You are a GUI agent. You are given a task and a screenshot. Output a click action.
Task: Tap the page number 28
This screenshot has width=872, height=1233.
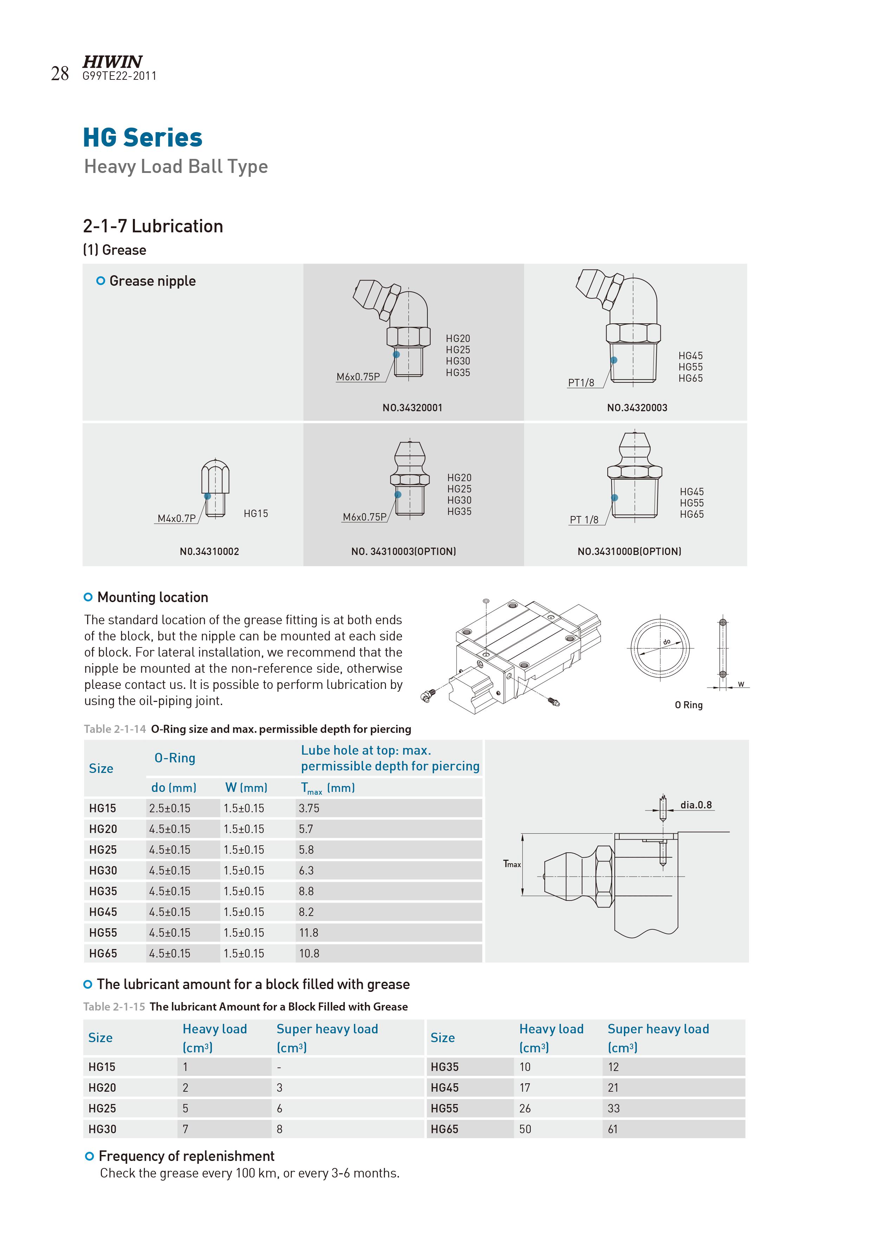coord(60,73)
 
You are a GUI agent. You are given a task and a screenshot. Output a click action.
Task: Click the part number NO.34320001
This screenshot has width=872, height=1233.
coord(412,408)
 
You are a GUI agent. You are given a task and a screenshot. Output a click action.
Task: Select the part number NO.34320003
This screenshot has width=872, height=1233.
coord(637,408)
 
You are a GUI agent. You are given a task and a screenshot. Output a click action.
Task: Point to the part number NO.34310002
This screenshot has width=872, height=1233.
coord(209,551)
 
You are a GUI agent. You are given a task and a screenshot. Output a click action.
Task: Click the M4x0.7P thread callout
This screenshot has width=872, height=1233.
coord(176,518)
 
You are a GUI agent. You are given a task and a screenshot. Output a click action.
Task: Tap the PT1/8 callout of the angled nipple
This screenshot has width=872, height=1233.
coord(581,383)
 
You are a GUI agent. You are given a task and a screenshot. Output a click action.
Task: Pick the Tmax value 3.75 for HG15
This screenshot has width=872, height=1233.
coord(309,808)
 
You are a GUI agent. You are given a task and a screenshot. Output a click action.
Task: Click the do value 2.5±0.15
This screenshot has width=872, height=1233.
coord(170,808)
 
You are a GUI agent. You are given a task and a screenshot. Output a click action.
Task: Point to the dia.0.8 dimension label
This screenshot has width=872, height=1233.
coord(696,805)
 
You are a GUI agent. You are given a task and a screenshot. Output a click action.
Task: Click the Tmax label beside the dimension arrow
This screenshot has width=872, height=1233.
coord(512,864)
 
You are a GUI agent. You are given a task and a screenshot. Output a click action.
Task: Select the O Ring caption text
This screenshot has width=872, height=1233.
coord(689,705)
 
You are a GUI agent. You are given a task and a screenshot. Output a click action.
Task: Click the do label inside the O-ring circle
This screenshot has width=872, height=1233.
coord(667,642)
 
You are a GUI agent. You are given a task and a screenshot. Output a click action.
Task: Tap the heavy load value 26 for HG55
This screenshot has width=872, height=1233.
coord(525,1109)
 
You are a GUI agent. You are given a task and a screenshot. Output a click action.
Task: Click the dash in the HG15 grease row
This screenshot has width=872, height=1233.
coord(279,1067)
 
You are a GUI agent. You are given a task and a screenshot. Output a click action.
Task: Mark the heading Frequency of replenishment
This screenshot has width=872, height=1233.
coord(186,1156)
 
